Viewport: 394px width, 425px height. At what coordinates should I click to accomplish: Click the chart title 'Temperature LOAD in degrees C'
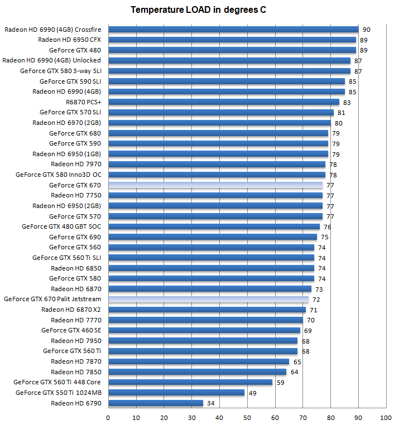tap(198, 10)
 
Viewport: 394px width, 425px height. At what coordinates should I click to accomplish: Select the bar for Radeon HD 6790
tap(156, 403)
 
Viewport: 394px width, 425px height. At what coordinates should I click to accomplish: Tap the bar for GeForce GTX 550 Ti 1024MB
tap(176, 393)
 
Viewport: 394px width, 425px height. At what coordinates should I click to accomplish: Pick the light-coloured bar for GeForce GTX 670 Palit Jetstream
tap(208, 299)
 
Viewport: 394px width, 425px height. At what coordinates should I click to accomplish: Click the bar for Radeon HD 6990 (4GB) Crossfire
tap(233, 29)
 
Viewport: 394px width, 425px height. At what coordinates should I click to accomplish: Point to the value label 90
tap(366, 30)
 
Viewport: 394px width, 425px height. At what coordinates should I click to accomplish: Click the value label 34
tap(210, 403)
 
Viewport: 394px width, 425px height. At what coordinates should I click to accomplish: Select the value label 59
tap(280, 383)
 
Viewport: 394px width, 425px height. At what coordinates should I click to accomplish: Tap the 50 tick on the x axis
tap(247, 417)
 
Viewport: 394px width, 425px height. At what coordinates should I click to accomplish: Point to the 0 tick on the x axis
tap(108, 417)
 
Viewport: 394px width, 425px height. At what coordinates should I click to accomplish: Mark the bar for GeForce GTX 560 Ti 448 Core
tap(190, 382)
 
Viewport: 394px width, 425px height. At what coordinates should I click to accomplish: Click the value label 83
tap(347, 103)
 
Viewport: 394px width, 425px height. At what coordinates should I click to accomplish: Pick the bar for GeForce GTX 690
tap(213, 236)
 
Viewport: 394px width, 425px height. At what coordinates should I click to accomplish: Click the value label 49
tap(252, 393)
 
